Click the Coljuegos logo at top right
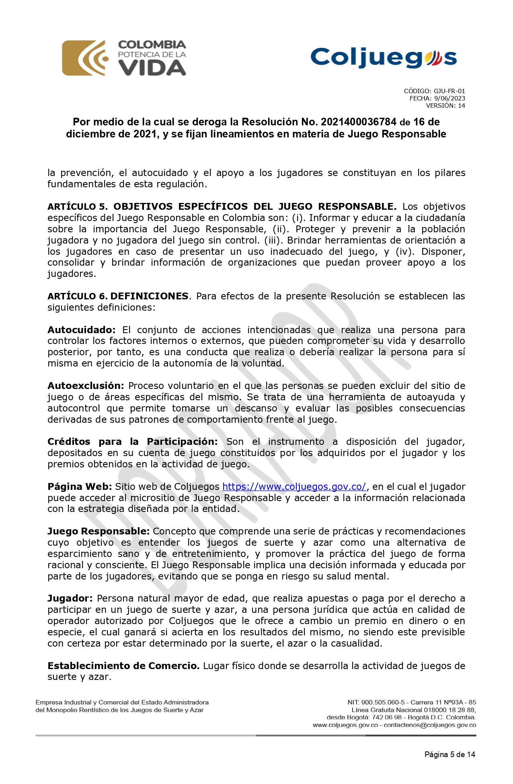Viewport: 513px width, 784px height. [x=384, y=57]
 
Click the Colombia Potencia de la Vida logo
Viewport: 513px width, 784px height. [x=124, y=58]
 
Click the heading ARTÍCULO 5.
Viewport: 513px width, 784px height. [x=78, y=207]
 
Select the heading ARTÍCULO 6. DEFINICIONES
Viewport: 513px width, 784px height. [x=118, y=296]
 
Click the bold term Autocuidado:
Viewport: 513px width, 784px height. [x=81, y=330]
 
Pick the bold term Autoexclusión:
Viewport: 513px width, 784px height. [x=86, y=386]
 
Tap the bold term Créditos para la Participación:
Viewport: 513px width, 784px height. [x=132, y=442]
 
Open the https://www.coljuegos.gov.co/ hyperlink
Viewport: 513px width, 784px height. [x=294, y=487]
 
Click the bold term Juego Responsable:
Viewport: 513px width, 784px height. [x=98, y=531]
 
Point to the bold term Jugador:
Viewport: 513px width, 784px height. [x=70, y=598]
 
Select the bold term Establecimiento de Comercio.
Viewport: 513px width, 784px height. [x=123, y=666]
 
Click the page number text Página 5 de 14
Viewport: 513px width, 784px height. [x=449, y=754]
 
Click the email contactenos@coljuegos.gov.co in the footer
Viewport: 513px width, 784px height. [x=430, y=725]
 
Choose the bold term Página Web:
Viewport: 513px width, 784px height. [x=79, y=487]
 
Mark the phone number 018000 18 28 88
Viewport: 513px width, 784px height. [x=449, y=710]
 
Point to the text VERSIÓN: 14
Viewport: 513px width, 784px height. [x=445, y=106]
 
